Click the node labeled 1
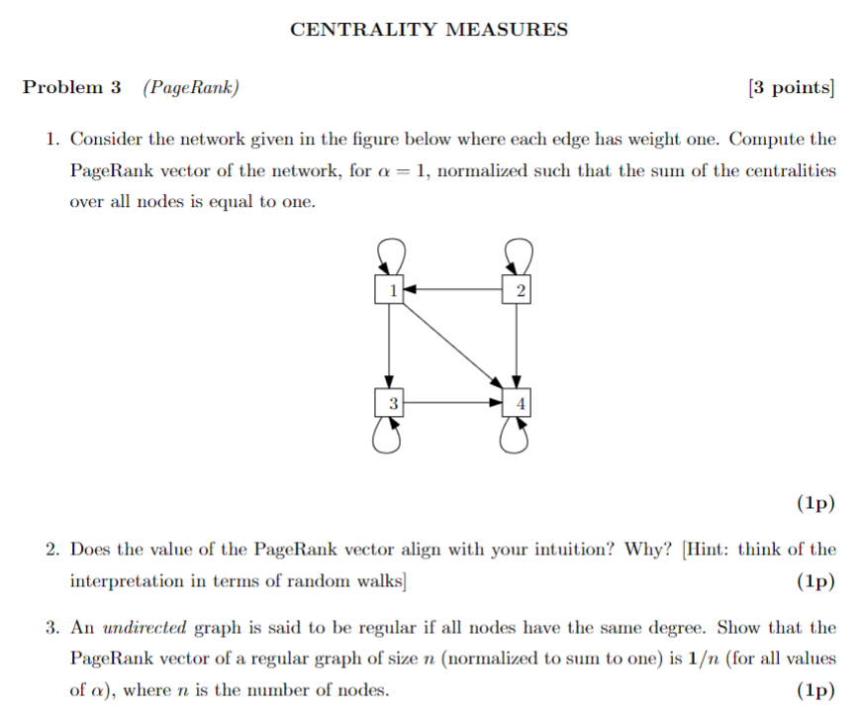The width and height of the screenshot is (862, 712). [x=391, y=290]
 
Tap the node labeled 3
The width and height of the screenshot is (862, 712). [x=391, y=403]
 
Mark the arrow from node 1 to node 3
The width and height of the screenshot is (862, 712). [x=391, y=347]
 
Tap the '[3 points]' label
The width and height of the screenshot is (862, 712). [x=792, y=88]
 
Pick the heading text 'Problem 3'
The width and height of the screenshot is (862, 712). [x=71, y=88]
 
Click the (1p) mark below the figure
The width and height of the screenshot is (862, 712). [x=815, y=503]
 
